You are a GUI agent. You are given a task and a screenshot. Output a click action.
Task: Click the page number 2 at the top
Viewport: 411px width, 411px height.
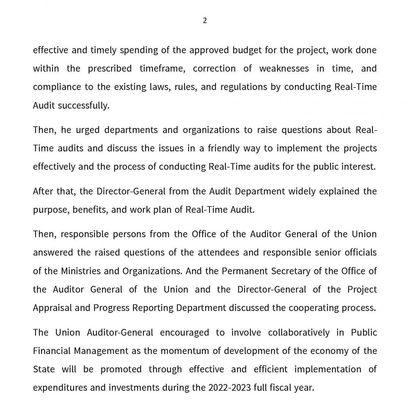pos(205,21)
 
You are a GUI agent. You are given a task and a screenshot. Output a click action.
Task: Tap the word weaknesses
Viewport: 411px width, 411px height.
pos(284,68)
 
